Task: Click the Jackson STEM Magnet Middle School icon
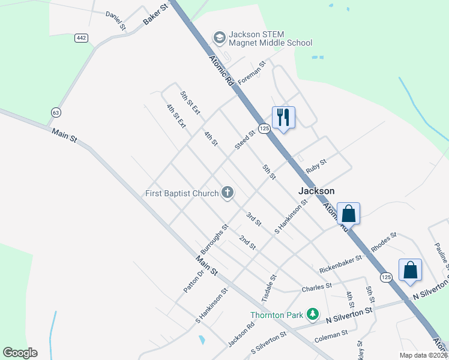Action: point(219,38)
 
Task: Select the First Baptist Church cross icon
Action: point(228,193)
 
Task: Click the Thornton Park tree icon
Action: point(312,314)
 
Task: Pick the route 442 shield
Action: point(81,38)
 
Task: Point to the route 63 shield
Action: point(56,112)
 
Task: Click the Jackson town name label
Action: point(316,191)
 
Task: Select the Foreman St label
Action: point(251,72)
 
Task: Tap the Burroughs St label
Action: point(215,239)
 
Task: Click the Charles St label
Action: point(316,287)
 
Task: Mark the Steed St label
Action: point(245,140)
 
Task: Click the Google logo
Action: point(20,353)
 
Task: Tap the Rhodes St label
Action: point(384,242)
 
